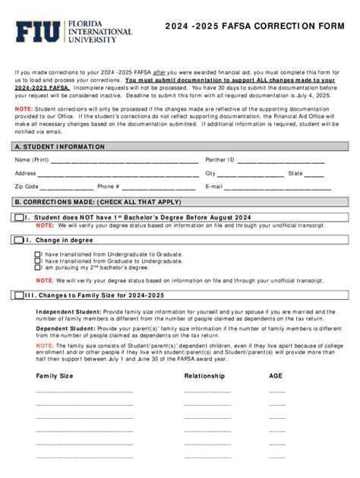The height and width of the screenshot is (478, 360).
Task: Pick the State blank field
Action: [314, 175]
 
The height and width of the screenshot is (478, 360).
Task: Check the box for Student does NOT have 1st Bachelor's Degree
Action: [19, 218]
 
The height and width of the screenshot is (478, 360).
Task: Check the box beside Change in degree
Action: [19, 240]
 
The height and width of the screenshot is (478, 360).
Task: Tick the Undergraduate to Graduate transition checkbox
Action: [38, 254]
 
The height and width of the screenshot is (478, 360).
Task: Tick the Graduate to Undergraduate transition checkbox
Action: [38, 261]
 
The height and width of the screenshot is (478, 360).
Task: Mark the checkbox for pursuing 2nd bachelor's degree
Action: [38, 268]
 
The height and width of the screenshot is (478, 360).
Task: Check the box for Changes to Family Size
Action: [19, 295]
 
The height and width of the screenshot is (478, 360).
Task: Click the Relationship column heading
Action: [204, 376]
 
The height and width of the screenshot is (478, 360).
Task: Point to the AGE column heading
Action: [276, 376]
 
